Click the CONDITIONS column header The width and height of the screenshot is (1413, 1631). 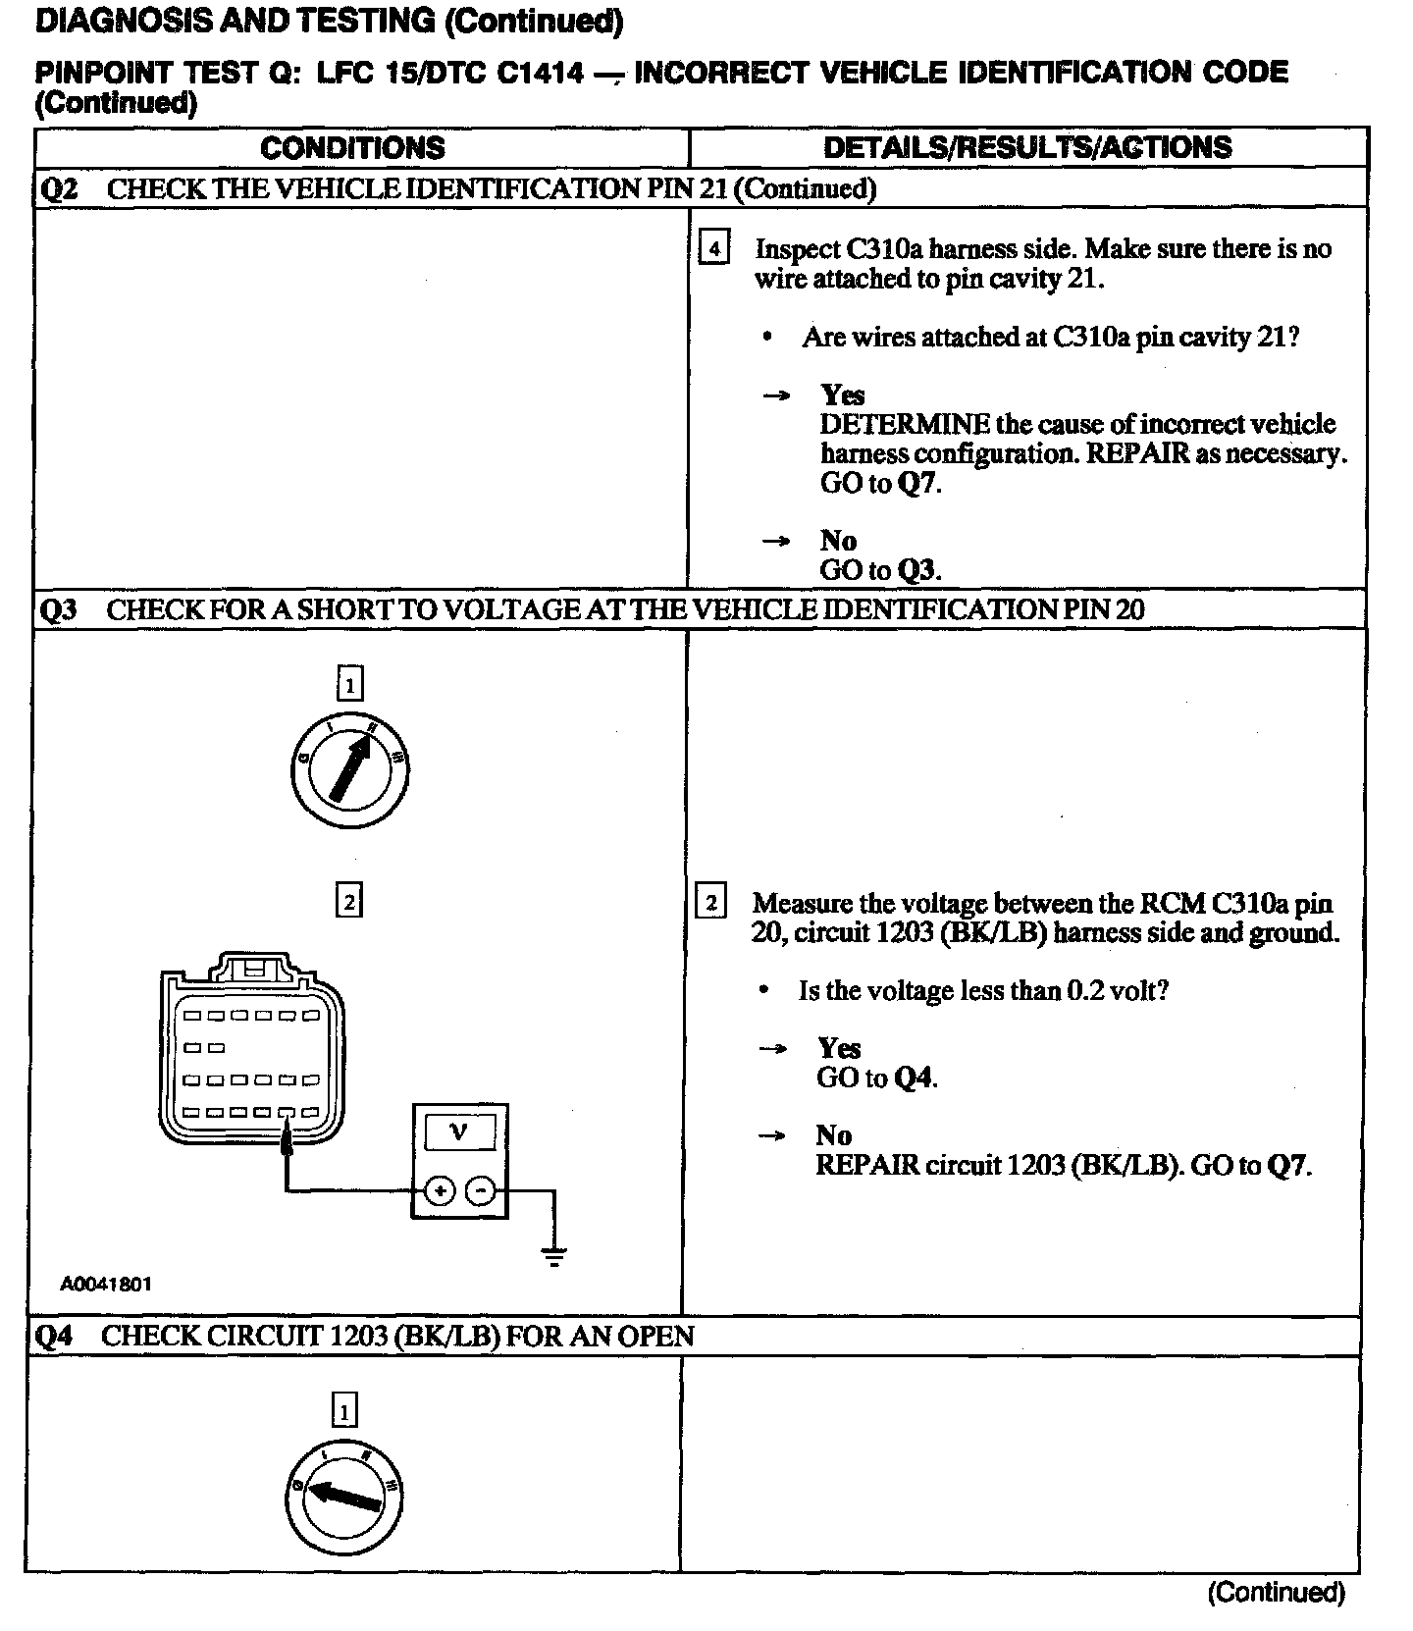point(352,148)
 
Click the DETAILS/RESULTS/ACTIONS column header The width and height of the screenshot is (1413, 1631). point(1027,147)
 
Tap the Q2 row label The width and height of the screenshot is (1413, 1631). point(58,188)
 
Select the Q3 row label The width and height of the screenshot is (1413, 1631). point(58,609)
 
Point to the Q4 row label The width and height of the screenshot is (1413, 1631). point(55,1336)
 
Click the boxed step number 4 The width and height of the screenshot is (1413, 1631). point(713,249)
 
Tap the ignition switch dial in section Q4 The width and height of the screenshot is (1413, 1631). point(344,1498)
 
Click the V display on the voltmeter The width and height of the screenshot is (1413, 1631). point(459,1131)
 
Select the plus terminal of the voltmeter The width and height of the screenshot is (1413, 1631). point(440,1191)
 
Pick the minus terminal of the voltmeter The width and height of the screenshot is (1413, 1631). point(480,1191)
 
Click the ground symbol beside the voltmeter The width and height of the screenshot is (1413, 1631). point(554,1254)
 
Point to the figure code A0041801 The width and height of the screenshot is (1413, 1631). point(106,1284)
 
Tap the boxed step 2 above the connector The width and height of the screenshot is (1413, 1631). point(348,900)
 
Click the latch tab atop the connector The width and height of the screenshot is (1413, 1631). point(254,966)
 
